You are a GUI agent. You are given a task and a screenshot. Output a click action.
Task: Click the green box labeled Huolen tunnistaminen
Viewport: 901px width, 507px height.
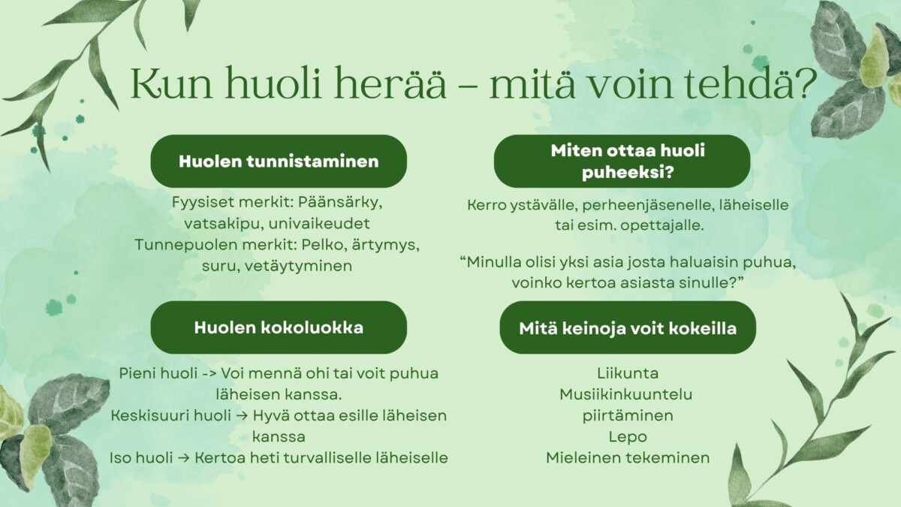[279, 161]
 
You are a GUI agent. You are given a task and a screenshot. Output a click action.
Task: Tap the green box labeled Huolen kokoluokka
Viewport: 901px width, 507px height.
[279, 327]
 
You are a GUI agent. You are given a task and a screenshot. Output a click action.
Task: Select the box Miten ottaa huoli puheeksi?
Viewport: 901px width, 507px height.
[622, 161]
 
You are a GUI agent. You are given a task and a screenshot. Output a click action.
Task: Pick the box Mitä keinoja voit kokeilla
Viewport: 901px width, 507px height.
[627, 328]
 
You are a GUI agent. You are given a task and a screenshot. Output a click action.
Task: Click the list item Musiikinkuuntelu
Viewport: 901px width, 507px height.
[626, 394]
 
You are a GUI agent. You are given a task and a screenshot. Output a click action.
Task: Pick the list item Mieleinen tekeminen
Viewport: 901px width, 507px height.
[627, 457]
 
